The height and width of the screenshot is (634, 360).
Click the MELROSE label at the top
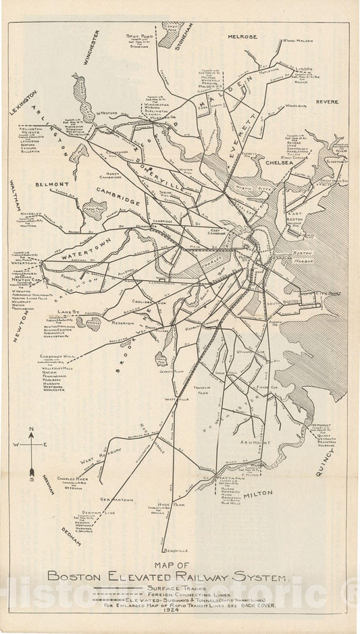242,36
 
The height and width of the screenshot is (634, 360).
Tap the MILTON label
258,494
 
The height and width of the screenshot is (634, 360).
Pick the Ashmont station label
255,442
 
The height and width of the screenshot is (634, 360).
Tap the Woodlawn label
296,106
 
